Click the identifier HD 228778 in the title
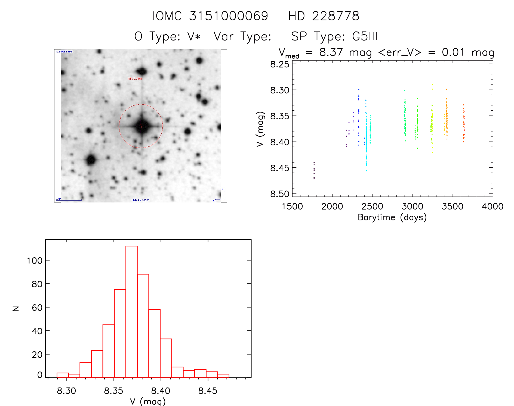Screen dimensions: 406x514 pos(324,16)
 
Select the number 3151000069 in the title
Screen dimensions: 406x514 pos(229,16)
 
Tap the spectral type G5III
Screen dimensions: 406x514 pos(365,36)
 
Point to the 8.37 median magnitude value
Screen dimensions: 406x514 pos(331,52)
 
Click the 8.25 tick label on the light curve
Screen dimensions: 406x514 pos(280,64)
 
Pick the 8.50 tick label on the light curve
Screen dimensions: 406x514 pos(280,194)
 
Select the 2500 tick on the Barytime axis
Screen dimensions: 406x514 pos(372,207)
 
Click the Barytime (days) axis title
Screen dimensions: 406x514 pos(392,217)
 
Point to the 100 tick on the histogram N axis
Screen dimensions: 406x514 pos(35,261)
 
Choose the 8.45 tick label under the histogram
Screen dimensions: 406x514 pos(208,391)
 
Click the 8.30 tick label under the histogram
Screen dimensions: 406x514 pos(66,391)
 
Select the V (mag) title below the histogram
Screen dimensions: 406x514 pos(148,401)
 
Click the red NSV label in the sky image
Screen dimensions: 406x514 pos(135,79)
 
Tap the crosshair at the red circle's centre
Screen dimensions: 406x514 pos(141,126)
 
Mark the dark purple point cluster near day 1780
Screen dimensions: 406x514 pos(314,170)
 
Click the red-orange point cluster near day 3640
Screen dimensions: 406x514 pos(464,124)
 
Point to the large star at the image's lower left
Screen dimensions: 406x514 pos(91,160)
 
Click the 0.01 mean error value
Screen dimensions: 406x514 pos(453,52)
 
